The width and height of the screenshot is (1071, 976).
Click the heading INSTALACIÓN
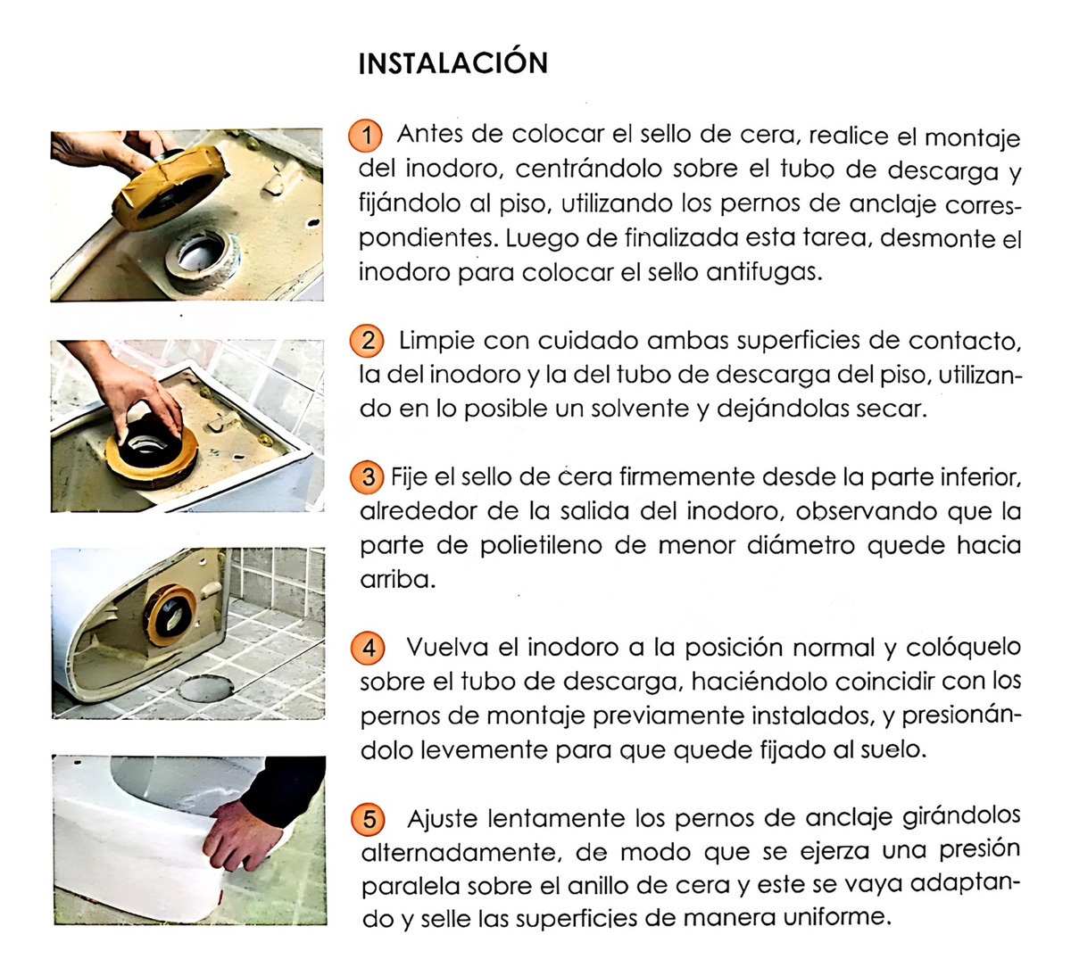[453, 63]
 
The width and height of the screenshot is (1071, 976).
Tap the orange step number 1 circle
[365, 135]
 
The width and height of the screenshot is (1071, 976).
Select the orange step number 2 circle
[367, 341]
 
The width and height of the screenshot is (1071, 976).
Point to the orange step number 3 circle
[367, 477]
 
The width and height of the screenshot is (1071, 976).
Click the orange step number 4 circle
[368, 648]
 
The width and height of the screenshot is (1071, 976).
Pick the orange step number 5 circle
[368, 819]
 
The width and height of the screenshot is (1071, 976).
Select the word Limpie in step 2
[436, 341]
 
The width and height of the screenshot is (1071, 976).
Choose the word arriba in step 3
[398, 580]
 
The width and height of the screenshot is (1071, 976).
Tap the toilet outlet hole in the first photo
[201, 252]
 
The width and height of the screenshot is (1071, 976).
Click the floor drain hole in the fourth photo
[206, 688]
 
